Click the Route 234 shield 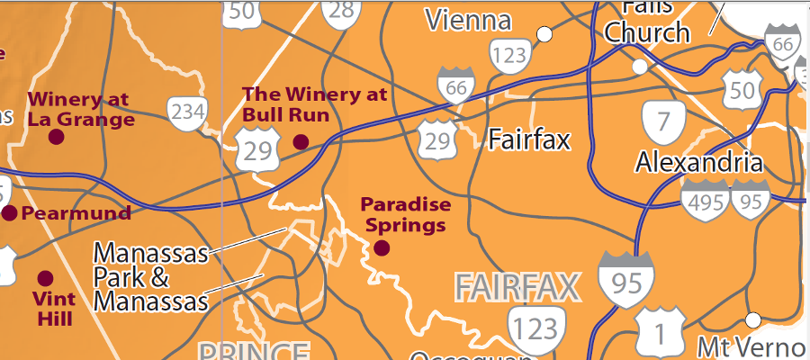[x=187, y=112]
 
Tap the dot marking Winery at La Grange [x=56, y=137]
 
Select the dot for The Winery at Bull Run [x=301, y=141]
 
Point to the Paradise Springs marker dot [x=382, y=247]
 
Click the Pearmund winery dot [x=10, y=212]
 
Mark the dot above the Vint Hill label [x=45, y=278]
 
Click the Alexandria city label [x=698, y=163]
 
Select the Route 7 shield [x=663, y=121]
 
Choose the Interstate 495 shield [x=705, y=201]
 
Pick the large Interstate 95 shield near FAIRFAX [x=625, y=281]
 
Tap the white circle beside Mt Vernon [x=753, y=319]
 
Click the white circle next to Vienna [x=544, y=35]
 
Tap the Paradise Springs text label [x=405, y=213]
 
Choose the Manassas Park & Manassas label [x=150, y=275]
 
